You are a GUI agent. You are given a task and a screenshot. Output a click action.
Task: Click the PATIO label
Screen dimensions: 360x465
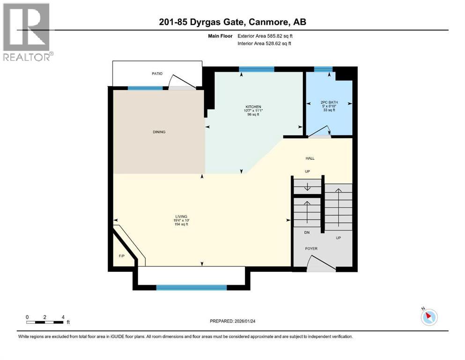156,74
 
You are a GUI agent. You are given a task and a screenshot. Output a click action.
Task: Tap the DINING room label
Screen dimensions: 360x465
159,132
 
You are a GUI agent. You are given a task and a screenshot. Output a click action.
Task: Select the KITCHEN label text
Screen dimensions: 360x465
253,107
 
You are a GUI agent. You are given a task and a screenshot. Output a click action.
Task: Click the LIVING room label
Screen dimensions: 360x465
181,216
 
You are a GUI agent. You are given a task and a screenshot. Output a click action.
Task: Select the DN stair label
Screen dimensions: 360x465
307,232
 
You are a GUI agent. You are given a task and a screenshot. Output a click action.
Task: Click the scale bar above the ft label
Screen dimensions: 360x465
45,322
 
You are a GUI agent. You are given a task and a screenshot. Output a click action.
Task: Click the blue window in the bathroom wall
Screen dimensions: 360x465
323,69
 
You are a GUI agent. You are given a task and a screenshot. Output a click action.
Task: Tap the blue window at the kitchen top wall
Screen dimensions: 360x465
256,69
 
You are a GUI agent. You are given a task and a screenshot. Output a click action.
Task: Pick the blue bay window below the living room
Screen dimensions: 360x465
191,287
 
